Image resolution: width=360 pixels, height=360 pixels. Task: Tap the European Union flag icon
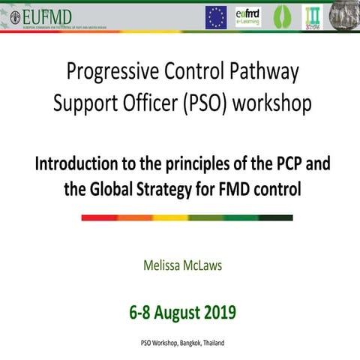click(216, 17)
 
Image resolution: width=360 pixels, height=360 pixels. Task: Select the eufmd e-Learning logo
click(248, 17)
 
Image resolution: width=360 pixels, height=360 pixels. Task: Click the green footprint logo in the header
click(281, 17)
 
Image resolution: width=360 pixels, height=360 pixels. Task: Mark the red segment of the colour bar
click(98, 217)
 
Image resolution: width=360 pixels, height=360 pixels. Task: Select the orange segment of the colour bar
click(134, 217)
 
